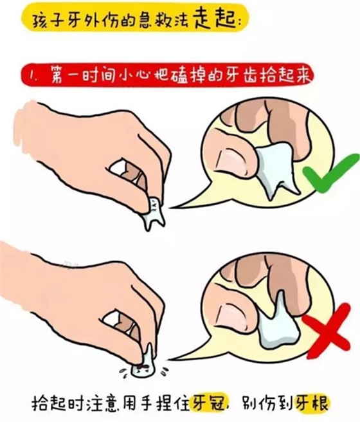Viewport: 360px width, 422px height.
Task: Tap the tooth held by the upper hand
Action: [154, 211]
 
